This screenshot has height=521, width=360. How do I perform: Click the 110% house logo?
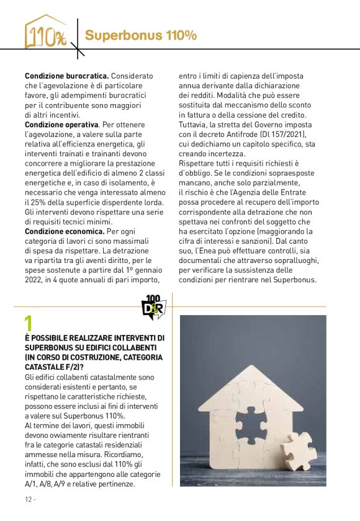[45, 32]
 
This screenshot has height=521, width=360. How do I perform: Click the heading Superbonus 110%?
[141, 36]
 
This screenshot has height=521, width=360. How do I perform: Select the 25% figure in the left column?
[37, 202]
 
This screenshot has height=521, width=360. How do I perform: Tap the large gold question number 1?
[29, 324]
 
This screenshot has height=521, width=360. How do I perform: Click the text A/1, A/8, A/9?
[45, 483]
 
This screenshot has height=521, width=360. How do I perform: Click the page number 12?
[29, 499]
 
